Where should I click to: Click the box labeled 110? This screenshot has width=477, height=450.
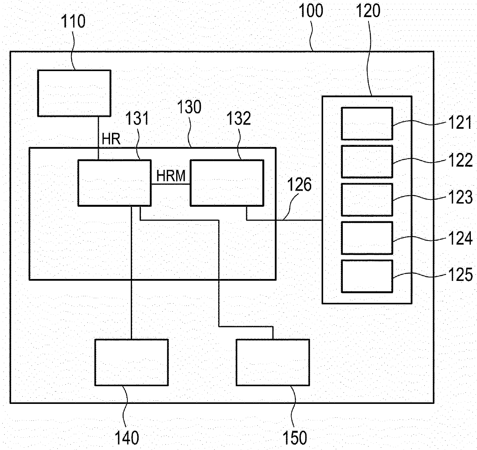74,93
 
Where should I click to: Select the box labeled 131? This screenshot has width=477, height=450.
114,183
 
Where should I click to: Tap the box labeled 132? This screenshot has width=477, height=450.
227,183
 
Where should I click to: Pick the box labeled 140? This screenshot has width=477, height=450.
131,362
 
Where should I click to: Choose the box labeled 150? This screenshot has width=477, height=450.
272,362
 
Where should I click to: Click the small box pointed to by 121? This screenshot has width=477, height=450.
367,123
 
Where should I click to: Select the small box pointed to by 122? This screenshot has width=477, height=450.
367,161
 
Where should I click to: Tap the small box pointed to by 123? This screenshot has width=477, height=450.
367,199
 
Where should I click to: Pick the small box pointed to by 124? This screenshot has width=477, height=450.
367,238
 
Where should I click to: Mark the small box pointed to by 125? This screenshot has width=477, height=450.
367,276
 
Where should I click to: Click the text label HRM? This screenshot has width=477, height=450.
171,176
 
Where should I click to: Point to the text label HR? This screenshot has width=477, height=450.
111,139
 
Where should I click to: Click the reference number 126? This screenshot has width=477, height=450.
300,185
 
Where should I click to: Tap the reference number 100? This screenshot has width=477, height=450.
311,11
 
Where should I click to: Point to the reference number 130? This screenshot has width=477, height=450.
189,107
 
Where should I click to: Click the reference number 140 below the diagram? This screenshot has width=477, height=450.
127,438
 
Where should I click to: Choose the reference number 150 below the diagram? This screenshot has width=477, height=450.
295,438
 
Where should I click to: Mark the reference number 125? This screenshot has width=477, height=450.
460,275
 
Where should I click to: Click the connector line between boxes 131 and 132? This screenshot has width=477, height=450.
170,184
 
